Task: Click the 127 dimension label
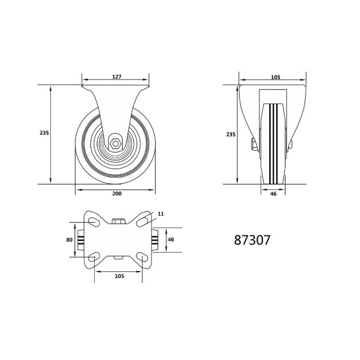[x=117, y=77]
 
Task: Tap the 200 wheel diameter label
[x=117, y=194]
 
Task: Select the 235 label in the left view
[x=44, y=133]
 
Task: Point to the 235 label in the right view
[x=231, y=134]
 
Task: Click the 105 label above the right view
[x=275, y=77]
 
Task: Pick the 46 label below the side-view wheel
[x=273, y=194]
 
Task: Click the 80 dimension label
[x=69, y=239]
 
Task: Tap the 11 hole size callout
[x=161, y=214]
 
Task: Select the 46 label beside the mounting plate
[x=171, y=239]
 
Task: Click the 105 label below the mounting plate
[x=119, y=276]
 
